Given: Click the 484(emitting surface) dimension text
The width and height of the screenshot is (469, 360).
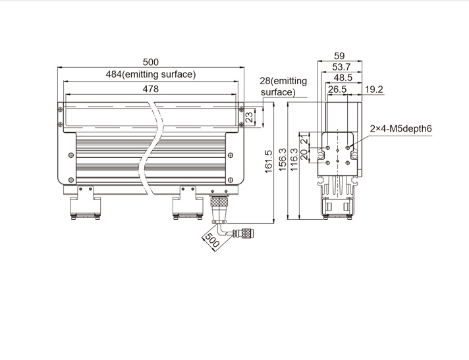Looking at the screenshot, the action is point(151,74).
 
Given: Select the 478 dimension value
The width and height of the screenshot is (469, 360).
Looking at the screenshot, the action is point(150,89).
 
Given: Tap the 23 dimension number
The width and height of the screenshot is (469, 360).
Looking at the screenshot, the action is point(249,116).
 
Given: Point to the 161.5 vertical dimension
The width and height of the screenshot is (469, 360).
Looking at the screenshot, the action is point(268,161).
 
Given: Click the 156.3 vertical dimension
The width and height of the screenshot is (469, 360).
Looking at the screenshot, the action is point(283,160).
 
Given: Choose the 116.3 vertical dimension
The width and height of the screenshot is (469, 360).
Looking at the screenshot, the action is point(294,160).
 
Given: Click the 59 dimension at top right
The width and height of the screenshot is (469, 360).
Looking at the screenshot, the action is point(339,56).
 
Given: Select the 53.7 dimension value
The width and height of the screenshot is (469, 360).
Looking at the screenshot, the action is point(341,67).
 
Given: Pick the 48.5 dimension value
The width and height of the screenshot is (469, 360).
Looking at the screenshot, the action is point(343,78).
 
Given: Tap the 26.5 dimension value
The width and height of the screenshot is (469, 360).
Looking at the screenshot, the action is point(337,90).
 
